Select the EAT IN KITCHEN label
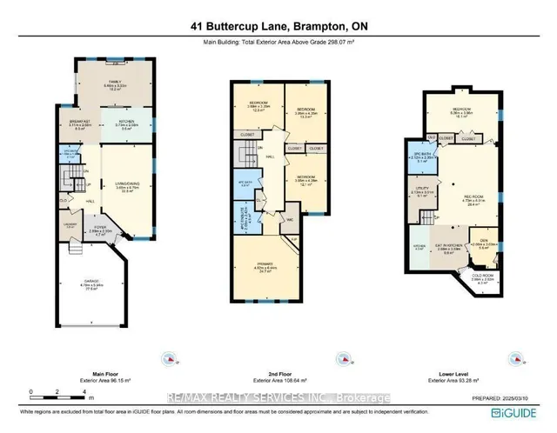coord(446,250)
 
